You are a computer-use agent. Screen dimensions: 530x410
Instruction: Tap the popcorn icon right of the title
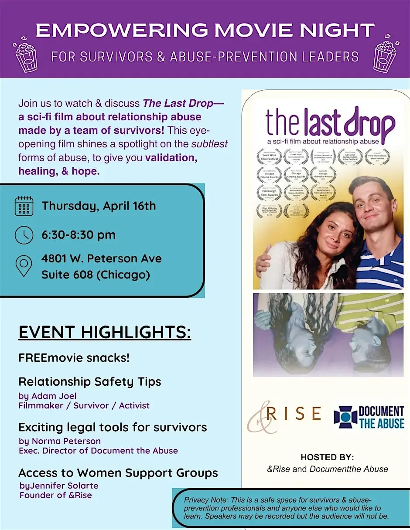coord(384,56)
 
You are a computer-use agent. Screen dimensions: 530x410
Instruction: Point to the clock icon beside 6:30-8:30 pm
coord(24,235)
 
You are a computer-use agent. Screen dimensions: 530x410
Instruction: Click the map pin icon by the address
coord(24,266)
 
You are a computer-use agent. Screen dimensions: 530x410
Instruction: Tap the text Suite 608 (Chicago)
coord(96,275)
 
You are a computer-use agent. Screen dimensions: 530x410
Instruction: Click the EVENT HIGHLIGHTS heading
coord(105,332)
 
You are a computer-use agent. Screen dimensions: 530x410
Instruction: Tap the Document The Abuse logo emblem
coord(345,417)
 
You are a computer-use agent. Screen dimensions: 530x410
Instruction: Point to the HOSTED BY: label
coord(327,457)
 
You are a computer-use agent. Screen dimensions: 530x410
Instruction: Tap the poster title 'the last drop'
coord(330,122)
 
